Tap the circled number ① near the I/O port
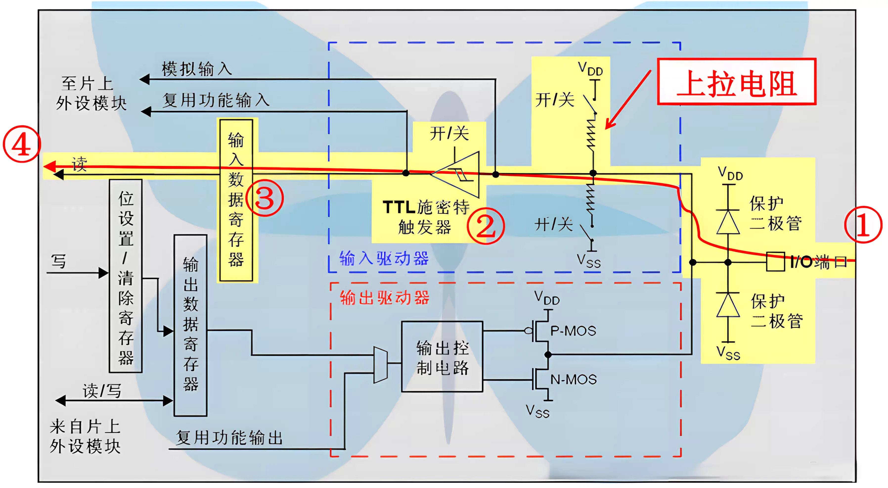tap(863, 225)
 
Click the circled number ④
tap(21, 144)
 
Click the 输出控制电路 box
tap(442, 357)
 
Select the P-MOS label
tap(573, 331)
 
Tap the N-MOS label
tap(573, 380)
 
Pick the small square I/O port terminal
tap(775, 262)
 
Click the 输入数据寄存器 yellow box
tap(236, 200)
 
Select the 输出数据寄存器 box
tap(190, 325)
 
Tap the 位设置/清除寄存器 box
tap(126, 276)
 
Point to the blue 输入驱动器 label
tap(384, 258)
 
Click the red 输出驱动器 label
tap(384, 297)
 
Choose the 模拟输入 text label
tap(197, 69)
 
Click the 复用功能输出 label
tap(229, 438)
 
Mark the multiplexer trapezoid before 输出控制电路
tap(380, 365)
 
